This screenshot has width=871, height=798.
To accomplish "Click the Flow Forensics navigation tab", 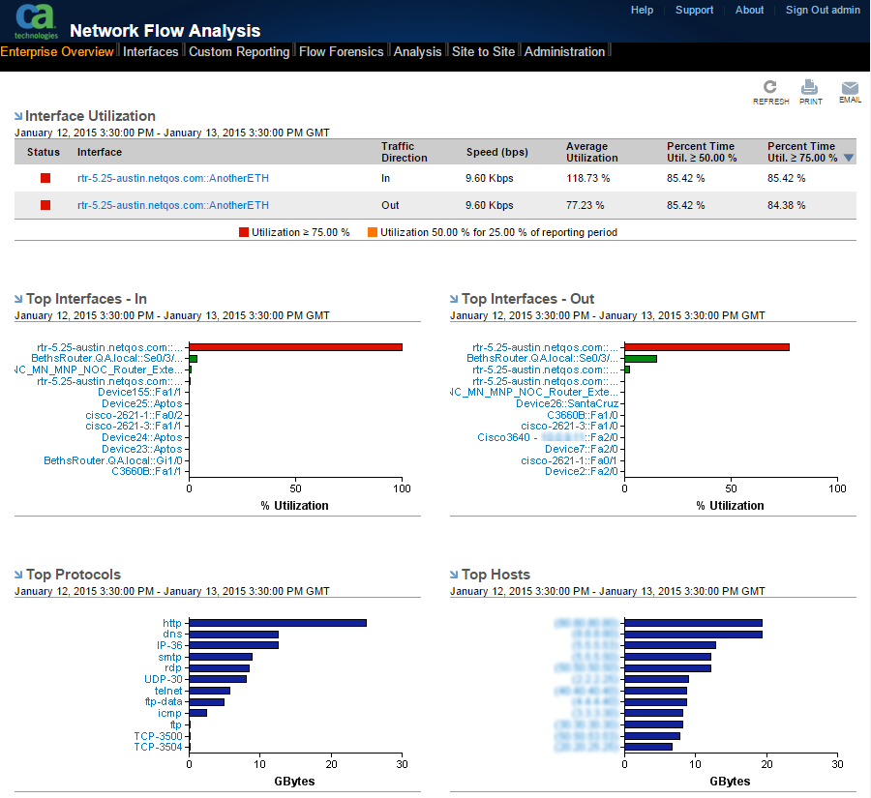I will point(341,52).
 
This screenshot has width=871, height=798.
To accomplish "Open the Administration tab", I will point(564,52).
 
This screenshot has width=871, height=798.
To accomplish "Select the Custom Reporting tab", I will point(239,52).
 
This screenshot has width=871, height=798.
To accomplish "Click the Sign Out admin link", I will point(823,11).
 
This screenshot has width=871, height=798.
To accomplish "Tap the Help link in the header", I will point(642,11).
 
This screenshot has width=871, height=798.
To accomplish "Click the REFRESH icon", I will point(770,88).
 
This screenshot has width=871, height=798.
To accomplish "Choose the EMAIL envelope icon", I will point(850,88).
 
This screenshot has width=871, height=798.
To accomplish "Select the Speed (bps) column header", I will point(496,152).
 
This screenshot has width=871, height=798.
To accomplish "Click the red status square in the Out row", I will point(45,205).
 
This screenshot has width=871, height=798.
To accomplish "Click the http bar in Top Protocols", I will point(278,623).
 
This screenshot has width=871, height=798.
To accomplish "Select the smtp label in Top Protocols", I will point(169,657).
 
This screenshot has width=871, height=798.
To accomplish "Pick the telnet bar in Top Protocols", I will point(210,691).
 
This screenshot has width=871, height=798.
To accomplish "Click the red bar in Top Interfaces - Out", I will point(706,347).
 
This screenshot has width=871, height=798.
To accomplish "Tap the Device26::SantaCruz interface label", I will point(566,403).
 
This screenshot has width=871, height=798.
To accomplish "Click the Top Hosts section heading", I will point(496,575).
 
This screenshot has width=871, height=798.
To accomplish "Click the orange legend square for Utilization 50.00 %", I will point(373,232).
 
